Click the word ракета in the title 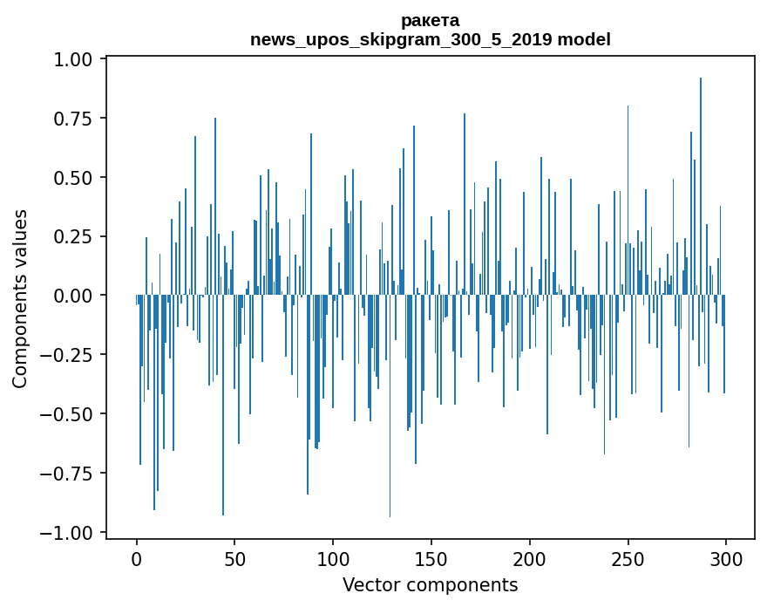click(430, 20)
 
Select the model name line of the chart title click(430, 39)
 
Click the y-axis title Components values click(20, 298)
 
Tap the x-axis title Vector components click(430, 584)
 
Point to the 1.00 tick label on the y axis click(73, 59)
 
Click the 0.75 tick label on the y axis click(73, 119)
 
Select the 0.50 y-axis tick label click(73, 178)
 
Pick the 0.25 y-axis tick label click(73, 236)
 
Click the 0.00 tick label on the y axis click(73, 296)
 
